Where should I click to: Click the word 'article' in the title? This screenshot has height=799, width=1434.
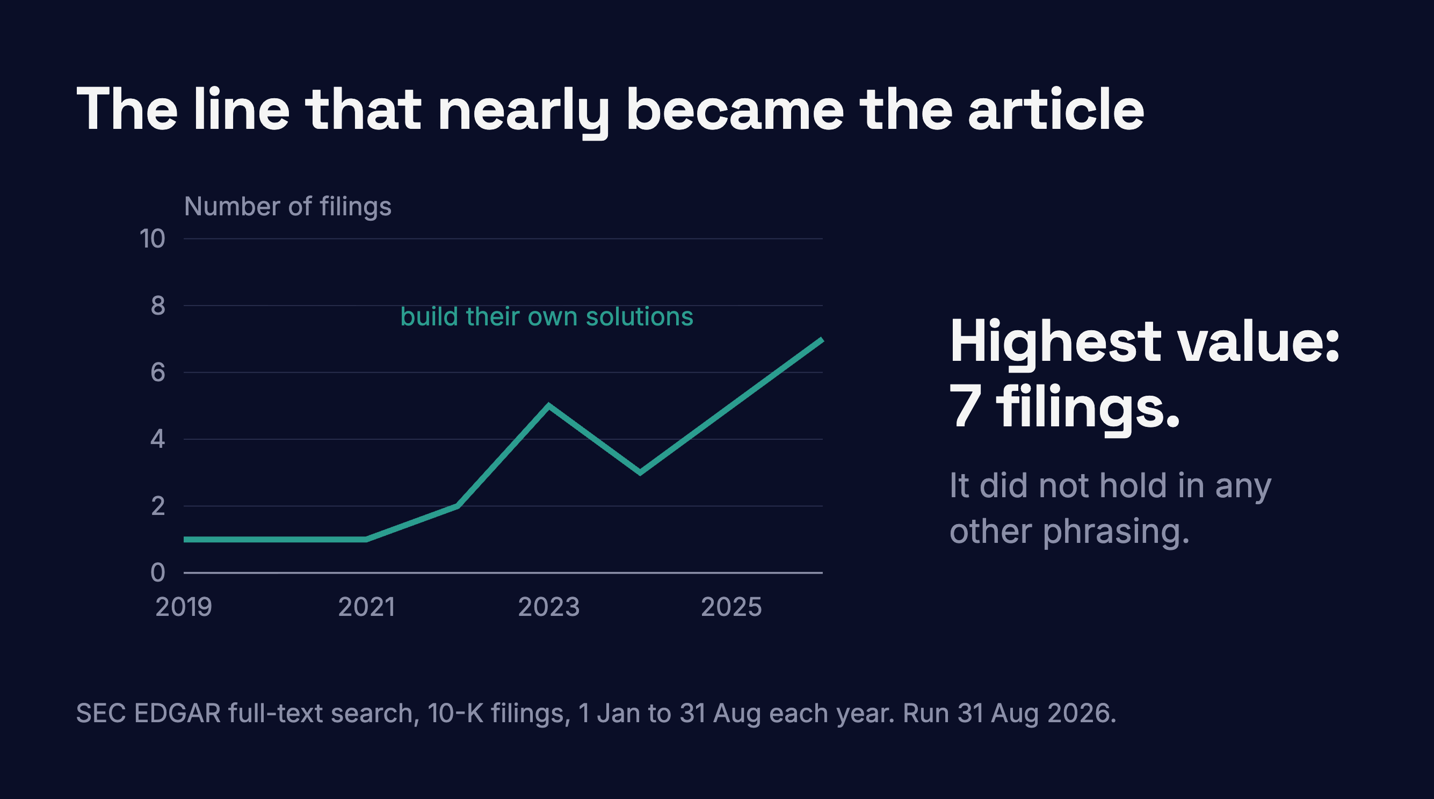[x=1056, y=110]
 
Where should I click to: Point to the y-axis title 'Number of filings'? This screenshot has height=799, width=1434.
[x=288, y=207]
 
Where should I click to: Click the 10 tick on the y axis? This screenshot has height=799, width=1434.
[x=153, y=239]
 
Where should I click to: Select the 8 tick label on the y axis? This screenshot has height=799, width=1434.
[x=158, y=306]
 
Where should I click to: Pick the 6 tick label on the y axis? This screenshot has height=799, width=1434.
[x=158, y=372]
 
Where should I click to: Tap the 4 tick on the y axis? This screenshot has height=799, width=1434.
[x=158, y=439]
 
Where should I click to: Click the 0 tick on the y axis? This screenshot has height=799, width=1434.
[x=158, y=572]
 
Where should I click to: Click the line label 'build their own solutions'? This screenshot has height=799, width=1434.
[x=547, y=317]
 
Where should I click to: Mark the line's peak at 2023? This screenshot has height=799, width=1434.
[x=549, y=405]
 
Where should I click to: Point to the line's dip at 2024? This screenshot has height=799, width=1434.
[x=640, y=473]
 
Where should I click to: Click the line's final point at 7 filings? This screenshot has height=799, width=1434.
[x=822, y=339]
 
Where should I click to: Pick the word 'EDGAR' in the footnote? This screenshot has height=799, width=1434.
[x=178, y=713]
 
